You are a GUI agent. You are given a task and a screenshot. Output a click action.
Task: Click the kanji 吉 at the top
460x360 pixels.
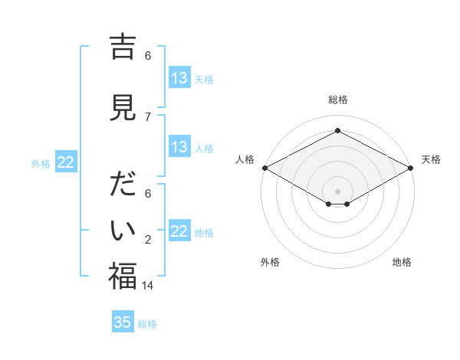(123, 47)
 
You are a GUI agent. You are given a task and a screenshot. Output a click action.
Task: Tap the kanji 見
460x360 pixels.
(123, 107)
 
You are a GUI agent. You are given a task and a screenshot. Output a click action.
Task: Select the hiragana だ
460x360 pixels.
(123, 186)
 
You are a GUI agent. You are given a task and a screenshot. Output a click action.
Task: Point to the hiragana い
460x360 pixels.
(123, 230)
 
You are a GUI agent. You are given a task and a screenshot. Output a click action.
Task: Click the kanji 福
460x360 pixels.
(123, 276)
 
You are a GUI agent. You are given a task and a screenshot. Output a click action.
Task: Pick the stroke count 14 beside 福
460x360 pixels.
(149, 285)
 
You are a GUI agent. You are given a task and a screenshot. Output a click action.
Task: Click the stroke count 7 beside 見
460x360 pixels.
(148, 116)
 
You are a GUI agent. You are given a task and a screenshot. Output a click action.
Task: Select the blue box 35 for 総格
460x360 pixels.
(123, 322)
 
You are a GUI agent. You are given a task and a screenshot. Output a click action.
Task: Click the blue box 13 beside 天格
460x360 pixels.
(179, 77)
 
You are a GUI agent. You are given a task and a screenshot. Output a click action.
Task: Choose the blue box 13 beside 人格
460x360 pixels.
(179, 147)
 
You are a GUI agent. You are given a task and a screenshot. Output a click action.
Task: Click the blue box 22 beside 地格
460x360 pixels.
(179, 231)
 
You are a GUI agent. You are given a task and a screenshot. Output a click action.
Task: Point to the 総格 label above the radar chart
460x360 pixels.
(337, 100)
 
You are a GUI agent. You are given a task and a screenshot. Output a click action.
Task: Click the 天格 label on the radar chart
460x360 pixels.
(431, 159)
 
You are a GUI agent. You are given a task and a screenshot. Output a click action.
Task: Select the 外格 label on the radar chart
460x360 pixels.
(270, 262)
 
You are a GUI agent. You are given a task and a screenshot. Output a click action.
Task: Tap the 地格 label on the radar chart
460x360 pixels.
(402, 262)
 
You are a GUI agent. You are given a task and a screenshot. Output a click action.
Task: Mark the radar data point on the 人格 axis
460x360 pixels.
(264, 168)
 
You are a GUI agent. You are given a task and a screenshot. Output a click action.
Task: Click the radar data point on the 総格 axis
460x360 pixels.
(337, 131)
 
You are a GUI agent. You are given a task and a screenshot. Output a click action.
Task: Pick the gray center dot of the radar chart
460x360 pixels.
(337, 190)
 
